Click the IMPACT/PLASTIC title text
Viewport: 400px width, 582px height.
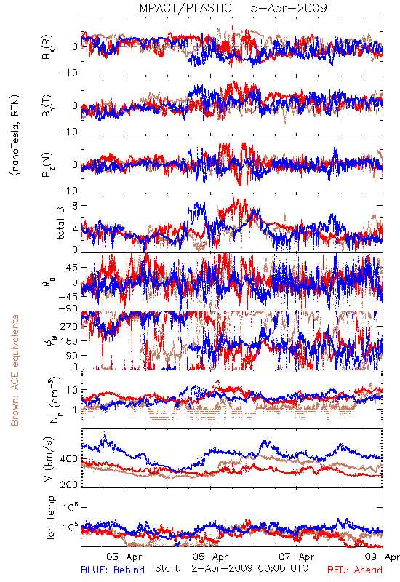[184, 8]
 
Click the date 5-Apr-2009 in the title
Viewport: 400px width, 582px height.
[289, 8]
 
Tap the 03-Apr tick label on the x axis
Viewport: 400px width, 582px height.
[124, 557]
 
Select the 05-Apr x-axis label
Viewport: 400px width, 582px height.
[210, 557]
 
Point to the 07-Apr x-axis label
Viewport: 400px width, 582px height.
[297, 557]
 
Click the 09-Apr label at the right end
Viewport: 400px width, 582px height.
[383, 557]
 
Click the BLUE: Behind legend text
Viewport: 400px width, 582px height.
[113, 570]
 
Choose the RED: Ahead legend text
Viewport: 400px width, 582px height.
[354, 570]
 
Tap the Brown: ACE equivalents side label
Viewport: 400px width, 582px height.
[15, 370]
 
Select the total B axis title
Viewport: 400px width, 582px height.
[60, 223]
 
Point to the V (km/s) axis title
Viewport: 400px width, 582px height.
[49, 459]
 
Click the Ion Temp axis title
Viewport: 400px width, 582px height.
[50, 517]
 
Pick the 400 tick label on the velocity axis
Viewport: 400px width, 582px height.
[69, 459]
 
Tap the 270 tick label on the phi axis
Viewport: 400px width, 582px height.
[69, 326]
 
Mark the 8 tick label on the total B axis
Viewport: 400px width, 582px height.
[75, 206]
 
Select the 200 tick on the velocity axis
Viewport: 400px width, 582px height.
[69, 485]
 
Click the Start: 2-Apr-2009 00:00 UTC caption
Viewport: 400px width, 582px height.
[231, 568]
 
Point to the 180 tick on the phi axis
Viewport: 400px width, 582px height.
[69, 340]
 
